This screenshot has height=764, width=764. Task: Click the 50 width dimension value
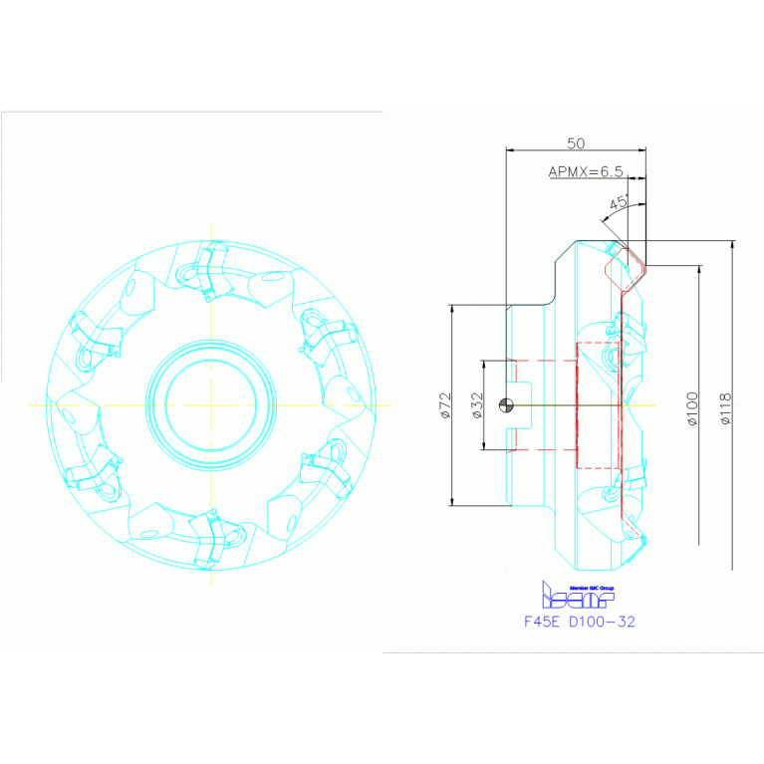576,143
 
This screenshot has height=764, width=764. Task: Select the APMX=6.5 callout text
586,171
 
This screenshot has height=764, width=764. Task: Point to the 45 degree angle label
618,202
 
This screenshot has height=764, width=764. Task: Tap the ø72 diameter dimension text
446,404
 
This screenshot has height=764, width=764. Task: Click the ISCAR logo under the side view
577,597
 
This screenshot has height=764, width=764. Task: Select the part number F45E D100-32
579,621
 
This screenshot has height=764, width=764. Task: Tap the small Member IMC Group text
591,587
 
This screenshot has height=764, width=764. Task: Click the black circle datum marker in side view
507,404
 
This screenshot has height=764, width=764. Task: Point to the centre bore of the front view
210,404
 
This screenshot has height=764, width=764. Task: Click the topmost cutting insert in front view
210,269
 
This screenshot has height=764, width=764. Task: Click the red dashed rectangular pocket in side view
598,404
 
